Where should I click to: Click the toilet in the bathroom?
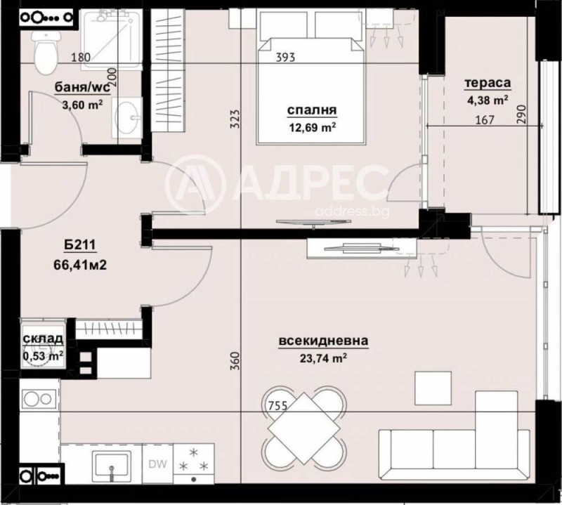[46, 49]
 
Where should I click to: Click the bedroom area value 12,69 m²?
[312, 126]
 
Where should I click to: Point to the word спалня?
[312, 110]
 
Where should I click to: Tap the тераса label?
[486, 84]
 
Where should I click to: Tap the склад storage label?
[44, 340]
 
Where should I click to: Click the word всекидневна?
[323, 341]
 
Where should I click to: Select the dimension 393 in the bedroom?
[286, 58]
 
